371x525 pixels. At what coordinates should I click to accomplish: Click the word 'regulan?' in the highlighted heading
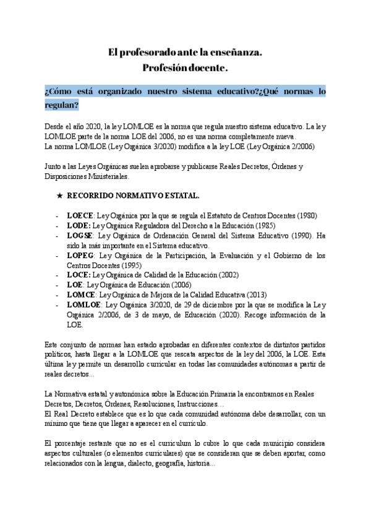[62, 105]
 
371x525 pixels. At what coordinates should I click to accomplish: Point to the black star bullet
[59, 196]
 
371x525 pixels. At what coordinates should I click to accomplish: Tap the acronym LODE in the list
[77, 226]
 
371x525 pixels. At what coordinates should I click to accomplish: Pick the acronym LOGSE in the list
[79, 236]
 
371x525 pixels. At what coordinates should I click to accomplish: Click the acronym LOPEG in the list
[79, 255]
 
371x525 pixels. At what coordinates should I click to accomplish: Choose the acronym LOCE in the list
[77, 274]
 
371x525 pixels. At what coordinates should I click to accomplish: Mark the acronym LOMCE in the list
[79, 294]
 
